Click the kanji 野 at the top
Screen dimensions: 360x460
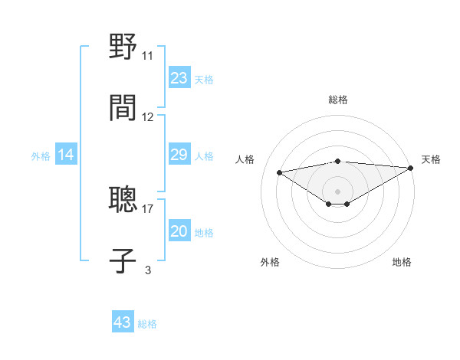123,46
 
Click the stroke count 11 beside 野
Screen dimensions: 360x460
147,56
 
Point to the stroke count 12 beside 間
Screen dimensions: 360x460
148,117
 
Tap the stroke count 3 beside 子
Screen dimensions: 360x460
148,270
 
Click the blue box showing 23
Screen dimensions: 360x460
179,78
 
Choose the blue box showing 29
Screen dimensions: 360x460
179,155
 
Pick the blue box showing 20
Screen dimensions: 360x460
179,231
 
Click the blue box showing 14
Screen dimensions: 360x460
66,155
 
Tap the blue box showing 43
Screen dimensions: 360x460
123,322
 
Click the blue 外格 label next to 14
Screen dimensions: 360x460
41,156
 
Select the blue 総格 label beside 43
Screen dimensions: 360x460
147,324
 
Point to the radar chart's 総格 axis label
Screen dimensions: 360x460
337,100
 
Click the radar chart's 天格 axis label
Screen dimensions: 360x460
431,159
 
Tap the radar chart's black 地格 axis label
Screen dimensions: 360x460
402,262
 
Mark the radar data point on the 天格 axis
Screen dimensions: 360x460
411,167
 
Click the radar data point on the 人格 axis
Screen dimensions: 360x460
279,172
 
